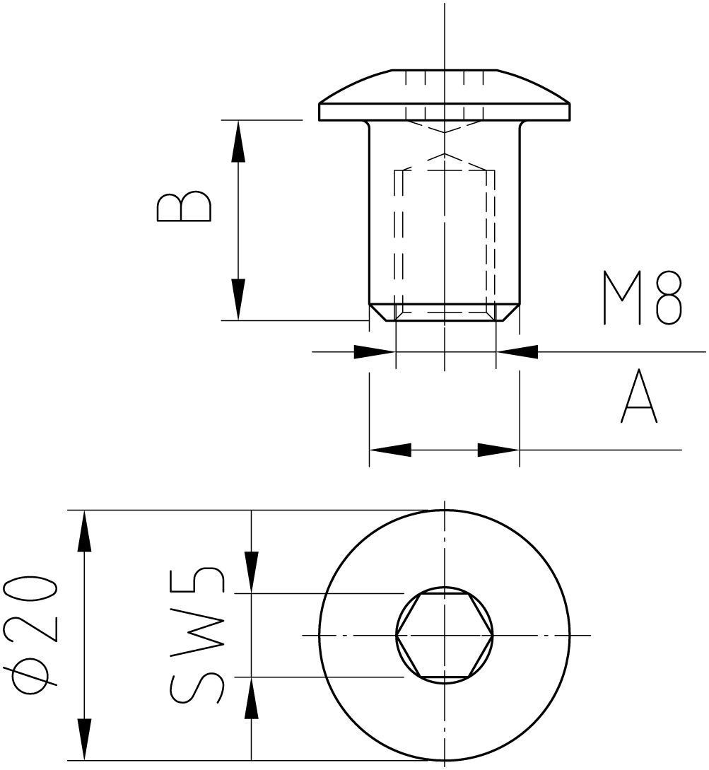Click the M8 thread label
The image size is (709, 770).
click(x=643, y=298)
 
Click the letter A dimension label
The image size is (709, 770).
click(x=639, y=396)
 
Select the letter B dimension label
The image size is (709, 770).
click(x=184, y=206)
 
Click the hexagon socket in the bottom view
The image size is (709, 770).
click(x=445, y=636)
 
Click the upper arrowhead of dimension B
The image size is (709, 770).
click(x=238, y=141)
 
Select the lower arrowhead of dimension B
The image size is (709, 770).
click(x=238, y=299)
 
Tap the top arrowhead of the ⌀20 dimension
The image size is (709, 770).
click(x=84, y=531)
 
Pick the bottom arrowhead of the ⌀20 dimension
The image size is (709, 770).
click(x=84, y=739)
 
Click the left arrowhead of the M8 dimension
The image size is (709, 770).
click(x=374, y=351)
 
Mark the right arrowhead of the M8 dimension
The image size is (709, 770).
click(x=517, y=351)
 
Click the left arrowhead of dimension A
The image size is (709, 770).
click(x=390, y=449)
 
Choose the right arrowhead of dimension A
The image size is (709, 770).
click(x=498, y=449)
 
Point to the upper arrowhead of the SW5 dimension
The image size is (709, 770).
click(x=252, y=573)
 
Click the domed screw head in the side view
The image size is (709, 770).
click(x=445, y=95)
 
